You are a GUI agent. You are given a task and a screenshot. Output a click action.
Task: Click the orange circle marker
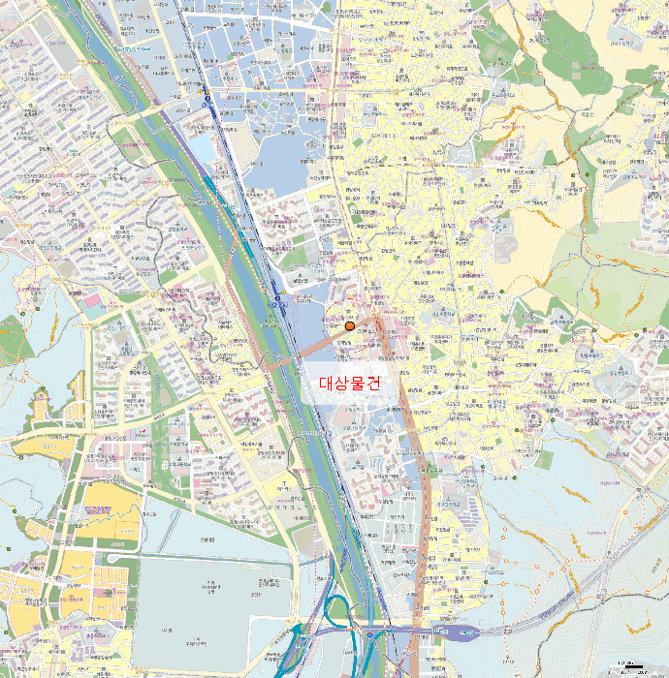(x=350, y=325)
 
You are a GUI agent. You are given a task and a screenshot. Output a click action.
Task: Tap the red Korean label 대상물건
(x=350, y=384)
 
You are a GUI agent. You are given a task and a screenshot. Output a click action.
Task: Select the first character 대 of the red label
(x=327, y=384)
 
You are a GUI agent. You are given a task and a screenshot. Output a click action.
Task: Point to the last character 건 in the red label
(x=373, y=384)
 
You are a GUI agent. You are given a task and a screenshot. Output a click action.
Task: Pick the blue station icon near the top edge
(x=207, y=99)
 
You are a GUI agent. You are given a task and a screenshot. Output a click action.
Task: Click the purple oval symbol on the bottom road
(x=464, y=633)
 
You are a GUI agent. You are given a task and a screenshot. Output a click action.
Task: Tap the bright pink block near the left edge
(x=91, y=301)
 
